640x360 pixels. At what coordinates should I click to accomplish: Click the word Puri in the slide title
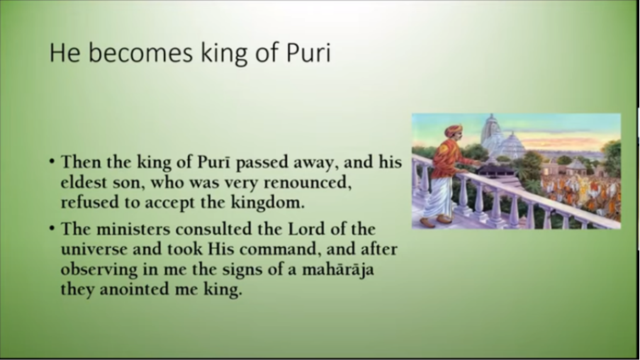[308, 52]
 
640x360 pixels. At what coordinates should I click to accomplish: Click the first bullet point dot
[52, 162]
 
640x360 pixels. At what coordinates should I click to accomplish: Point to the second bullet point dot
[52, 227]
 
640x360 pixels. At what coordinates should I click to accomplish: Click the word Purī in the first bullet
[214, 162]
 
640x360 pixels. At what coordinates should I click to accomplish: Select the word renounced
[308, 182]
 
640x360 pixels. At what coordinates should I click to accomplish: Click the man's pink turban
[453, 130]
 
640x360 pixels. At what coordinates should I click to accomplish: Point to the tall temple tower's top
[491, 116]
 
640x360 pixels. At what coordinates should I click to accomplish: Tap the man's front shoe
[444, 220]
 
